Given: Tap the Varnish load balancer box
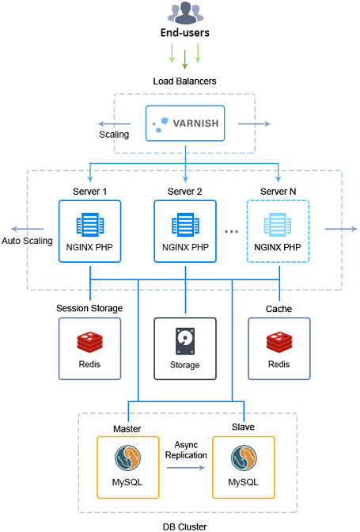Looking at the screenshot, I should pyautogui.click(x=185, y=124).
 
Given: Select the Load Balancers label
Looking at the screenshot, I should pyautogui.click(x=184, y=82).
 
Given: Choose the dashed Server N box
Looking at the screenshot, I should pyautogui.click(x=278, y=231).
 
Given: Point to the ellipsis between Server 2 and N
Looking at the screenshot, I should pyautogui.click(x=232, y=232).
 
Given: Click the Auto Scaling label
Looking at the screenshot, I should pyautogui.click(x=28, y=241).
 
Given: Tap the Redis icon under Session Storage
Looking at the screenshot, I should pyautogui.click(x=89, y=342).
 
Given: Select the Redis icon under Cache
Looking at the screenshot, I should pyautogui.click(x=279, y=342).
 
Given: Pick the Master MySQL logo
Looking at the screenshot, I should pyautogui.click(x=128, y=459).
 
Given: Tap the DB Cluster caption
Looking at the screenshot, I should pyautogui.click(x=187, y=523).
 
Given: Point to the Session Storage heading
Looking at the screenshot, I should pyautogui.click(x=89, y=308).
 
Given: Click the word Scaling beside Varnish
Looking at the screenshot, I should pyautogui.click(x=114, y=135).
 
